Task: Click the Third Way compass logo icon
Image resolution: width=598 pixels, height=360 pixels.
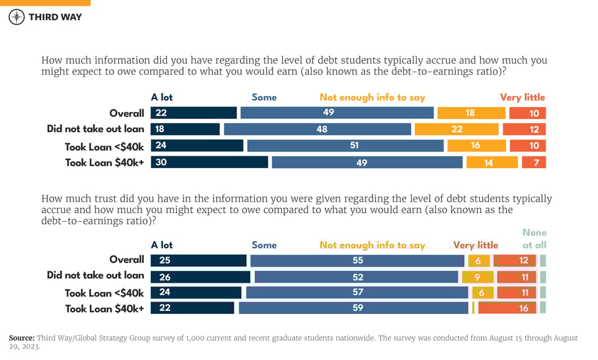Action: click(17, 17)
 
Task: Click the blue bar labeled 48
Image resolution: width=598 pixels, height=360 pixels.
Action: click(318, 129)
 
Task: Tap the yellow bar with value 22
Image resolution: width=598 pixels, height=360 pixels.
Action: click(457, 129)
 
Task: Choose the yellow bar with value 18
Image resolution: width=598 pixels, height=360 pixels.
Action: click(471, 113)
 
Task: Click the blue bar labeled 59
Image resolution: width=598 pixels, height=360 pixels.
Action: click(353, 308)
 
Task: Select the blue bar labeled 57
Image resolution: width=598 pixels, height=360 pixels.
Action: click(357, 292)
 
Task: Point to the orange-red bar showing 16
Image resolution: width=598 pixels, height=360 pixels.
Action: click(507, 308)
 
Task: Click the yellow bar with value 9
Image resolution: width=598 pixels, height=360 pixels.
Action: click(477, 277)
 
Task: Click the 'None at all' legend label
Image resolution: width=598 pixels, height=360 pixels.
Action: click(534, 239)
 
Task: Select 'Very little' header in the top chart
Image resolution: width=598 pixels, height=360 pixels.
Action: click(522, 97)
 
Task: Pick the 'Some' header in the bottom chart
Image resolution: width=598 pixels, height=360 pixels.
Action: click(264, 245)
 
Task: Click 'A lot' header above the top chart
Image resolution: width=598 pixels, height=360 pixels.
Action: click(162, 97)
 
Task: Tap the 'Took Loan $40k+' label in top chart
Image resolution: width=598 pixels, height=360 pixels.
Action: click(105, 163)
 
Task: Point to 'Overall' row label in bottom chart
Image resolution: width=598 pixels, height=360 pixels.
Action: click(126, 260)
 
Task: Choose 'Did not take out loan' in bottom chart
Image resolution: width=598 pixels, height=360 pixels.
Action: click(95, 275)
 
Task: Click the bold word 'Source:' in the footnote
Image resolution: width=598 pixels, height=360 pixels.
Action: click(22, 338)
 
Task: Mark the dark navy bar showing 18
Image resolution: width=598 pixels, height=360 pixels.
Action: click(185, 129)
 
